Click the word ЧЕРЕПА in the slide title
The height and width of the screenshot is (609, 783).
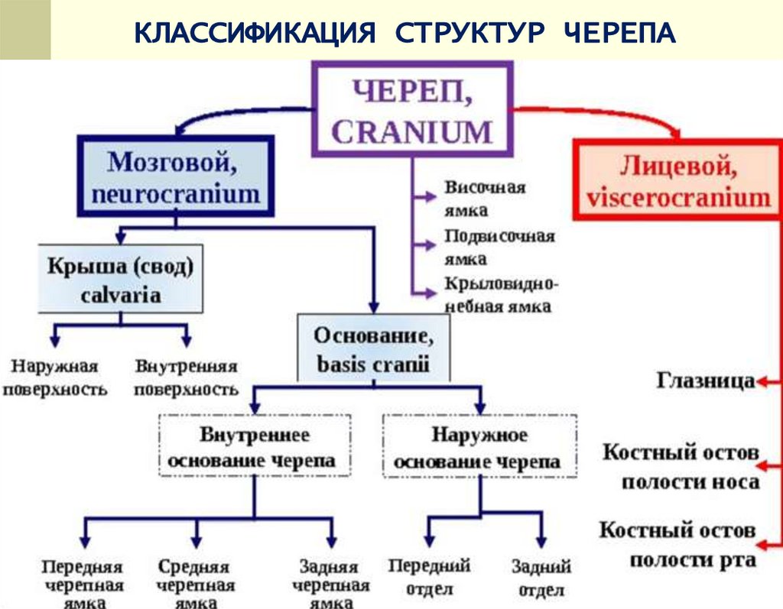click(620, 34)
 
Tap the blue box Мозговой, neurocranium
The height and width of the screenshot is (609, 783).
click(175, 177)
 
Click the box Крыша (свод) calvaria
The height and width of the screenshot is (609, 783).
click(121, 279)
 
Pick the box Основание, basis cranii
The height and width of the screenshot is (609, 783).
click(373, 348)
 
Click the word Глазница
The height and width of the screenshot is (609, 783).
click(705, 381)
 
